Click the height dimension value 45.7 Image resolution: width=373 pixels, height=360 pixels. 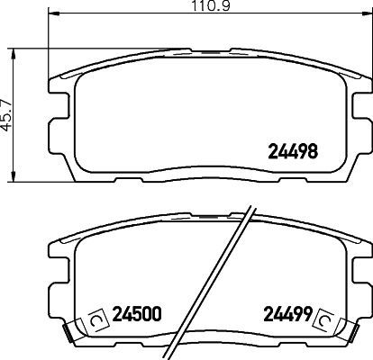(x=7, y=112)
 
